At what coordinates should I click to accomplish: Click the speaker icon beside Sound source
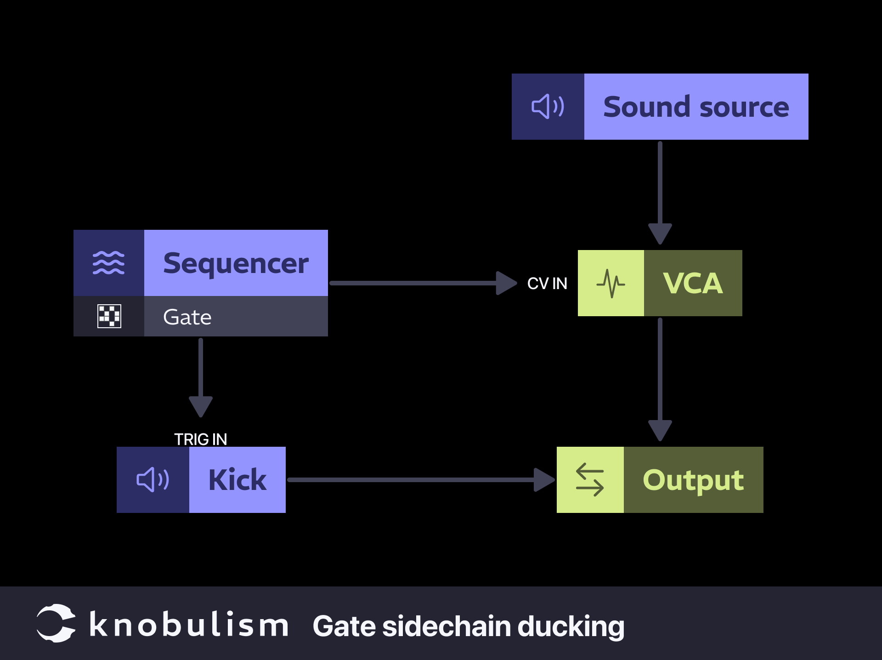[x=548, y=107]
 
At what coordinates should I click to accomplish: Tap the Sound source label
[x=696, y=107]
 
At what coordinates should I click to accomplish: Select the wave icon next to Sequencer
[x=109, y=263]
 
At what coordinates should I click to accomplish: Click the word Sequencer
[x=236, y=264]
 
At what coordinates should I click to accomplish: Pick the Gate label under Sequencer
[x=187, y=317]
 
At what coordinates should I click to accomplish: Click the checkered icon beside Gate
[x=109, y=316]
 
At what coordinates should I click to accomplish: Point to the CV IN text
[x=547, y=284]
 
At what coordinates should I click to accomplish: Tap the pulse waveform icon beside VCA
[x=611, y=283]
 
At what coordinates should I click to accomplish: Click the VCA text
[x=693, y=283]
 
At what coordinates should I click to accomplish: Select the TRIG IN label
[x=201, y=439]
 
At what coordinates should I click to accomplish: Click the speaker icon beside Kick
[x=153, y=480]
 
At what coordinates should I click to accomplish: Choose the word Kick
[x=237, y=480]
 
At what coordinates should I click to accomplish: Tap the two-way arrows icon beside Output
[x=590, y=480]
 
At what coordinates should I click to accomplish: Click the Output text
[x=693, y=480]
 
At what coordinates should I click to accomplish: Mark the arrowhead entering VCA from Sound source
[x=660, y=233]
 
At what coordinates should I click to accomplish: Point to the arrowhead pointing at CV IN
[x=506, y=283]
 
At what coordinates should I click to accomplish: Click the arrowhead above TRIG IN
[x=201, y=406]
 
